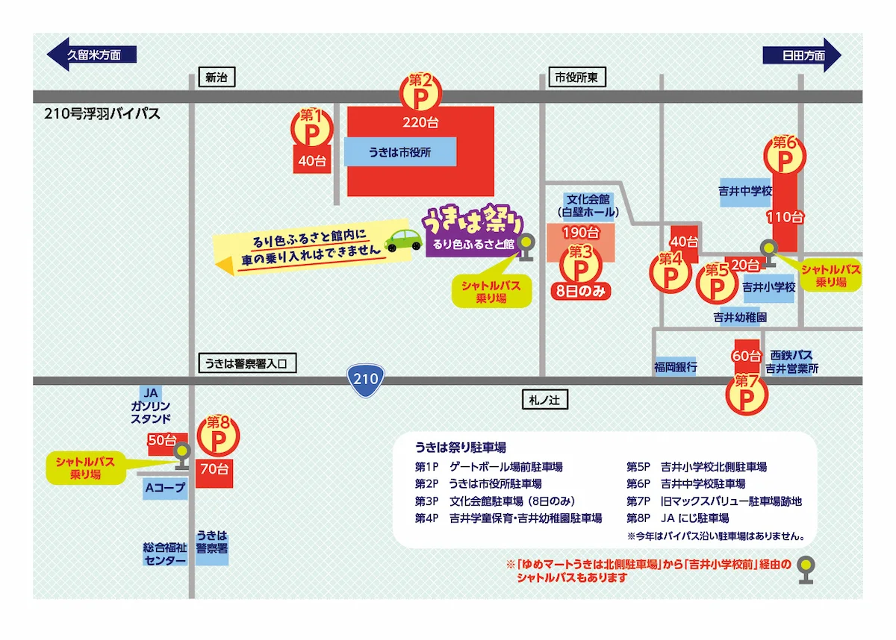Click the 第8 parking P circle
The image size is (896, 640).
point(218,438)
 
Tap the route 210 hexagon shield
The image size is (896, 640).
point(366,379)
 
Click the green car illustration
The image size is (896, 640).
point(403,240)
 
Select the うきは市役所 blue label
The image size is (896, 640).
point(399,151)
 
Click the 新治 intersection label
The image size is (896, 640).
point(216,77)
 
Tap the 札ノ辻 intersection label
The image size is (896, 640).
point(544,401)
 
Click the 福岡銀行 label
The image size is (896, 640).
point(675,367)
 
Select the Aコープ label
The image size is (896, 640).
point(164,489)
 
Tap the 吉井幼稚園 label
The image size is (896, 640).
point(740,317)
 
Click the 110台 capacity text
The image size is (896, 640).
point(785,217)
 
